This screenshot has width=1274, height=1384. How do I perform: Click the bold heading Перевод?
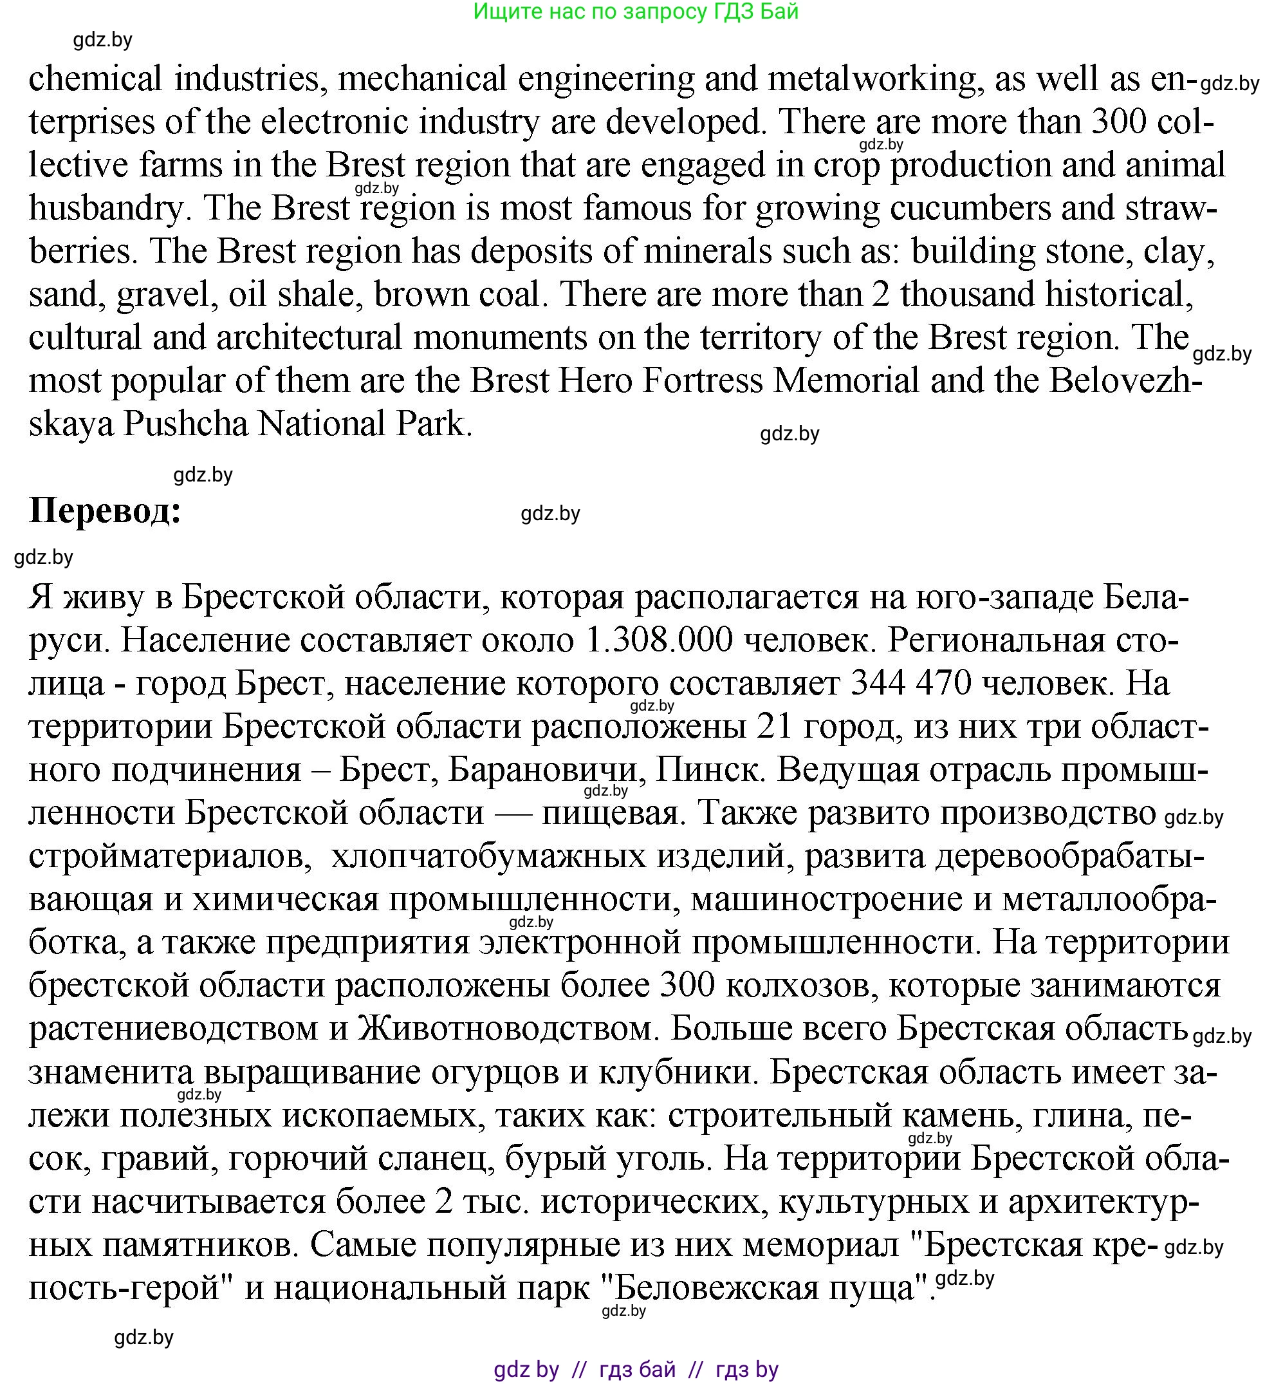coord(105,512)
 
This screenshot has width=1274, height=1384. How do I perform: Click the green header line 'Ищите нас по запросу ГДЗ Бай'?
coord(636,12)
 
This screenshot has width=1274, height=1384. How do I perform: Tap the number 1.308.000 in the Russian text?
coord(658,640)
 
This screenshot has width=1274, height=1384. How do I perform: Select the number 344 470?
coord(911,684)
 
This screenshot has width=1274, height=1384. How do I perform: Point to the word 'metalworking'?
coord(872,79)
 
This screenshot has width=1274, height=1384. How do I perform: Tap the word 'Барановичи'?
coord(542,770)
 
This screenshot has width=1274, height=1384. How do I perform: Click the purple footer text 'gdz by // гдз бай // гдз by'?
coord(636,1369)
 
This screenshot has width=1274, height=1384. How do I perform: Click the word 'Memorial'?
coord(846,380)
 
